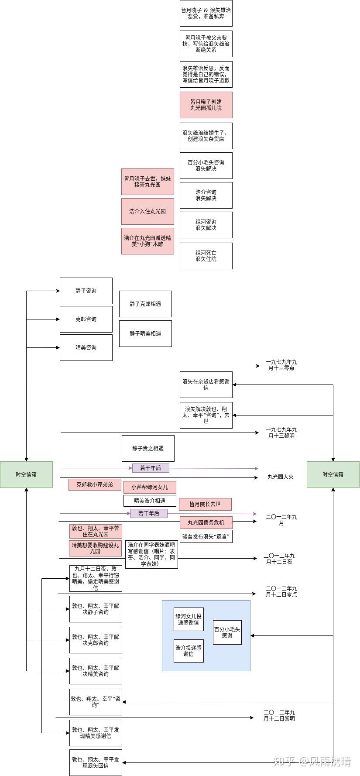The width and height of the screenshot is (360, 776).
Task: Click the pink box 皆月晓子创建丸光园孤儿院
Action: point(206,105)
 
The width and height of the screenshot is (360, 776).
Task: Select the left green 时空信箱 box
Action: point(26,474)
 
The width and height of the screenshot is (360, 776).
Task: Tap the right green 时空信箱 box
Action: point(333,474)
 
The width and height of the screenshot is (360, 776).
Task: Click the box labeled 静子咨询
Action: point(86,291)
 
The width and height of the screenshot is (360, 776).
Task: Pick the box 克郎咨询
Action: point(86,319)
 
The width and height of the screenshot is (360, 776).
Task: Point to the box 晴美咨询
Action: point(86,347)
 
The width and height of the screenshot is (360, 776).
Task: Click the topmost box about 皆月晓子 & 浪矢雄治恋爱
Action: point(206,13)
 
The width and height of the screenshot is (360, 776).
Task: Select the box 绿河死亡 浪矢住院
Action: point(206,256)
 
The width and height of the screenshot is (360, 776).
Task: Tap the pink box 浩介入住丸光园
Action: point(147,211)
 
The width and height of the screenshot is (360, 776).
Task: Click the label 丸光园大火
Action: point(280,477)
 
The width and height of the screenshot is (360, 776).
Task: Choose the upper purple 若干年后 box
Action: point(151,468)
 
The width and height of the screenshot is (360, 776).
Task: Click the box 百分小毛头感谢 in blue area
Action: point(227,632)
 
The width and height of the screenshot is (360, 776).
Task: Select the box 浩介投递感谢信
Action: point(189,651)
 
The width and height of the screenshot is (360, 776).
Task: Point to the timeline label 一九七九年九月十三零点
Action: point(281,365)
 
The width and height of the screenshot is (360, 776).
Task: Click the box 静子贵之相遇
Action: point(148,448)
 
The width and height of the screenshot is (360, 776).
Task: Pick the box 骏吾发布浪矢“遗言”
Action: point(206,536)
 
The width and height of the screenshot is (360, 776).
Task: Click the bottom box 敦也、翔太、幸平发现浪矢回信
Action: point(96,762)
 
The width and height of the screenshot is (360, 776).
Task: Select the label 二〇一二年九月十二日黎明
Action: point(279,715)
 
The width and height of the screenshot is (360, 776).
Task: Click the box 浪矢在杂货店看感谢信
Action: point(206,385)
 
